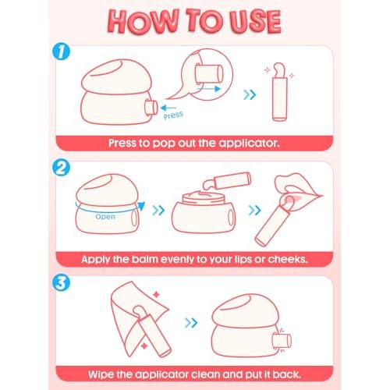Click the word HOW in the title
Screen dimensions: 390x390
tap(142, 21)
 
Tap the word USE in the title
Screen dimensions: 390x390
tap(255, 21)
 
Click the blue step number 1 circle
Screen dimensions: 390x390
tap(61, 51)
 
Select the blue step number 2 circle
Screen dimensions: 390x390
tap(61, 168)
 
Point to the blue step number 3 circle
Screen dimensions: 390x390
tap(61, 282)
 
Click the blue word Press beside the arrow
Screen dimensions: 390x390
tap(173, 115)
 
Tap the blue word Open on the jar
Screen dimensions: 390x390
tap(105, 217)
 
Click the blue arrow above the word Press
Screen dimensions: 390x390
tap(168, 108)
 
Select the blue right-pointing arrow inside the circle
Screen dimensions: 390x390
tap(208, 89)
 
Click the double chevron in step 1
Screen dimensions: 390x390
tap(250, 94)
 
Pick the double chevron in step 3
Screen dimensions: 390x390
tap(191, 323)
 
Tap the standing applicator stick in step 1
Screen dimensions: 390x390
tap(279, 92)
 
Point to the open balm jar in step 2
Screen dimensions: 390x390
tap(204, 212)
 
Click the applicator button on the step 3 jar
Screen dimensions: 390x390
tap(282, 341)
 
